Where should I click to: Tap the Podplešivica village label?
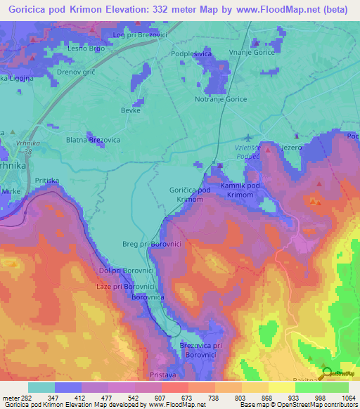point(192,53)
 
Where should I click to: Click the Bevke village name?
point(131,110)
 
